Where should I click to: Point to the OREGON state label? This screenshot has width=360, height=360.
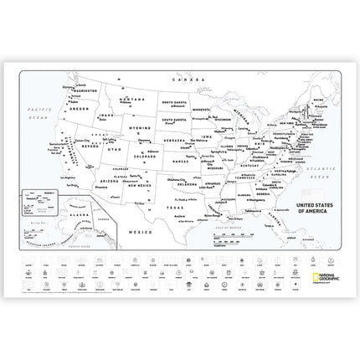pos(79,110)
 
